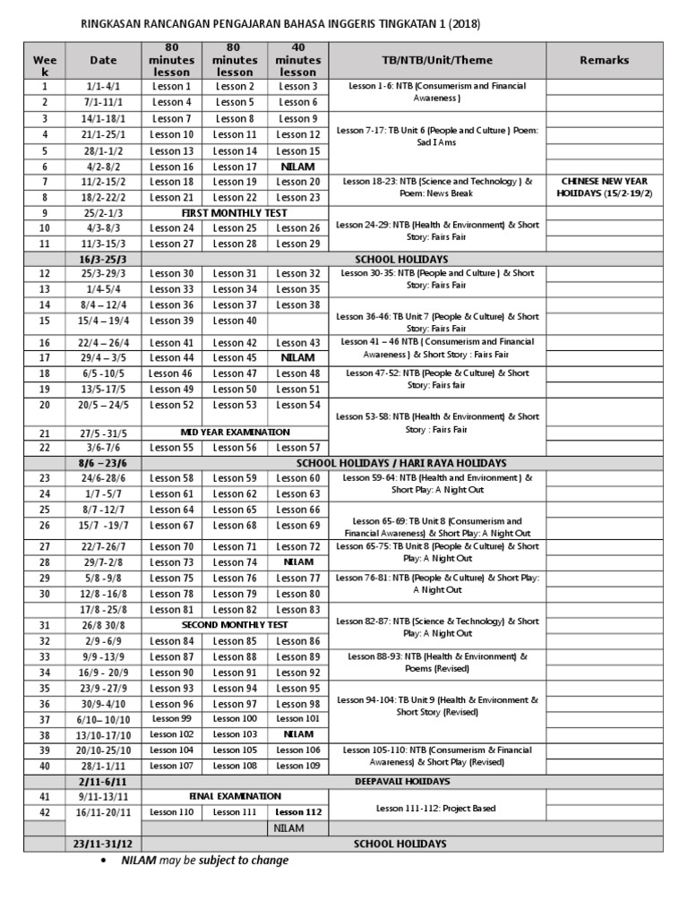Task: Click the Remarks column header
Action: pos(604,60)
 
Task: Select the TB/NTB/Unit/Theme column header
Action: pos(438,60)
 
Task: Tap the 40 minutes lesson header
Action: pos(298,60)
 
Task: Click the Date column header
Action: pos(103,60)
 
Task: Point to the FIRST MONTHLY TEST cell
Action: pos(235,213)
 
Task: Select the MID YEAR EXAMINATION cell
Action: pos(235,432)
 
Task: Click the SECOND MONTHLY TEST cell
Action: pos(235,624)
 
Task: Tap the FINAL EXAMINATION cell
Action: pos(235,795)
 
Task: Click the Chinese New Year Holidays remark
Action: pos(604,186)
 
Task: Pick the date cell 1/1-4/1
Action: pos(103,87)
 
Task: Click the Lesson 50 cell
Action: pos(235,390)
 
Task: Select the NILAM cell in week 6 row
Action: pos(298,167)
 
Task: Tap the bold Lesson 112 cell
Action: pos(298,812)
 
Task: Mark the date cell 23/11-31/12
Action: pos(103,844)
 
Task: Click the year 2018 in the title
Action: pos(451,24)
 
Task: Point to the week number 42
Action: pos(44,812)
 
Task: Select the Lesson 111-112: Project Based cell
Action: pos(437,809)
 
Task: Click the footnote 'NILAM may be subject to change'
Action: pos(205,861)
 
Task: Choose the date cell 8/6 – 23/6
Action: pos(103,463)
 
